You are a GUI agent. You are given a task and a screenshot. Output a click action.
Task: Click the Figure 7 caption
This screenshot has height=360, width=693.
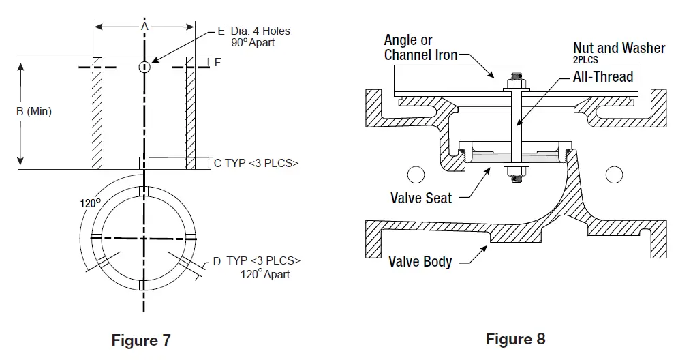(141, 340)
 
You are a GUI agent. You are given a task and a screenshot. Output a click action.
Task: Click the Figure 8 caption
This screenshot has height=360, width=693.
(515, 339)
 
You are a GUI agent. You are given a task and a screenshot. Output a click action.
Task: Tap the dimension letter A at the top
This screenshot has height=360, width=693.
(144, 26)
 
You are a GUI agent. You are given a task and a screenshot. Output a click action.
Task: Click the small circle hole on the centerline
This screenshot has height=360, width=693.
(144, 67)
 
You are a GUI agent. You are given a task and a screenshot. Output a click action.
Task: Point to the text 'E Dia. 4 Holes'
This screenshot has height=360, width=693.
(253, 31)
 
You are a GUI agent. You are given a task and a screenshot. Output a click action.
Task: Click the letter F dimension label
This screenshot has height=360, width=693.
(217, 62)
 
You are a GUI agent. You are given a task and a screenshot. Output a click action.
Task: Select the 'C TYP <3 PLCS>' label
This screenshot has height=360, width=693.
(256, 164)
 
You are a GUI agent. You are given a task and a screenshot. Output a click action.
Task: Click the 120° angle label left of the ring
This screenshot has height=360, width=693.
(91, 202)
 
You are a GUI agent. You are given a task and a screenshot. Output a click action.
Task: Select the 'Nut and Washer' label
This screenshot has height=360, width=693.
(619, 48)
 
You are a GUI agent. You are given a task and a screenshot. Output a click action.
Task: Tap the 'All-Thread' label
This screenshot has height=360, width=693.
(602, 76)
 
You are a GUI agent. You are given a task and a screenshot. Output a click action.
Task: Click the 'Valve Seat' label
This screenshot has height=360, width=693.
(420, 198)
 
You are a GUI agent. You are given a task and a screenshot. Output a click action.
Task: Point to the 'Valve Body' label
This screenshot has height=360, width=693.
(420, 261)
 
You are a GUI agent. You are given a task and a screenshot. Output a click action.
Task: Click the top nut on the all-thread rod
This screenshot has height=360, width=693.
(514, 84)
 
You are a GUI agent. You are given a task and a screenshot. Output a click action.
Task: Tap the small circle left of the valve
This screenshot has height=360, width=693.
(415, 175)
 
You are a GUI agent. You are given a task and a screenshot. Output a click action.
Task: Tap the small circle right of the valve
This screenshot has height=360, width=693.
(614, 175)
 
